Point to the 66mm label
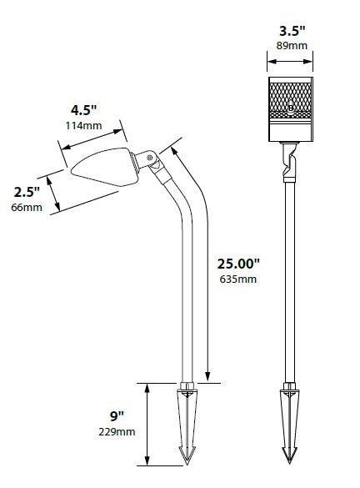pyautogui.click(x=27, y=207)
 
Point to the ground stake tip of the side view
pyautogui.click(x=186, y=455)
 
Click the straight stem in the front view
pyautogui.click(x=289, y=275)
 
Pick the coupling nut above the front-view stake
pyautogui.click(x=289, y=387)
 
